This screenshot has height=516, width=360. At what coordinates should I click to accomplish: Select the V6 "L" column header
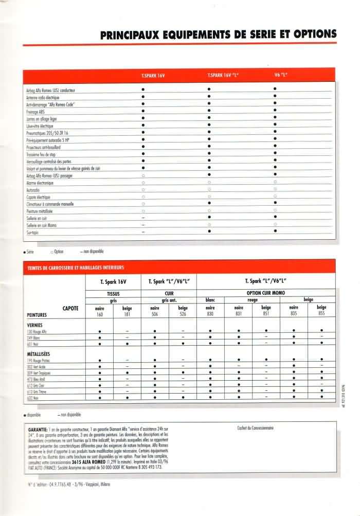click(x=280, y=76)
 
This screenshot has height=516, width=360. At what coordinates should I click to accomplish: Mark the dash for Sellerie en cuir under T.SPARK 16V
click(x=143, y=218)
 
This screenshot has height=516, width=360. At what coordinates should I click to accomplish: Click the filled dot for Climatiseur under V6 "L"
click(x=276, y=204)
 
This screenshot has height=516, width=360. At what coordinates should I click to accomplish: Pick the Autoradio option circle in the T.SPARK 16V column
click(x=143, y=189)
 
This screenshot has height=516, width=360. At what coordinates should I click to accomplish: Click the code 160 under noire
click(x=99, y=314)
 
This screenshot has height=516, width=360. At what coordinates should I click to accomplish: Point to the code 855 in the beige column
click(x=321, y=314)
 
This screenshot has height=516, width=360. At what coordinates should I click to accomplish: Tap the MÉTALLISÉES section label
click(x=38, y=354)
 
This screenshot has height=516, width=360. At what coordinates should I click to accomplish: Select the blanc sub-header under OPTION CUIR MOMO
click(x=210, y=300)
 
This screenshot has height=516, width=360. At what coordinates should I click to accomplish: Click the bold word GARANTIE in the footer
click(x=36, y=429)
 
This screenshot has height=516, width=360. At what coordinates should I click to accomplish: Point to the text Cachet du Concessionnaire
click(x=256, y=428)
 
